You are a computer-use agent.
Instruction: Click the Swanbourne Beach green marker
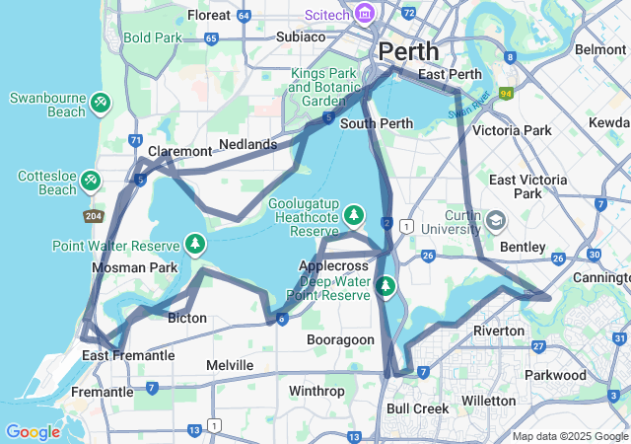[x=100, y=102]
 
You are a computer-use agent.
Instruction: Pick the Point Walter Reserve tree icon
[x=195, y=244]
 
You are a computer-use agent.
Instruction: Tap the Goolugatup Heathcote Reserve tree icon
[x=353, y=215]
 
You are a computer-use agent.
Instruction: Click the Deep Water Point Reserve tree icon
[x=386, y=287]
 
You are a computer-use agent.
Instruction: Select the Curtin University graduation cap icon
[x=495, y=219]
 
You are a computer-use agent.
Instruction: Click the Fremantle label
[x=102, y=392]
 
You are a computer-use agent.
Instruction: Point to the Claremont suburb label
[x=179, y=151]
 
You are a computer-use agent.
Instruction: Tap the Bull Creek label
[x=417, y=407]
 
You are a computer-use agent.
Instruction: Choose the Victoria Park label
[x=512, y=130]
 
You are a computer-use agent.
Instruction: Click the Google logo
[x=33, y=431]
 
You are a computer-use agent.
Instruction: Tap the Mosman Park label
[x=134, y=267]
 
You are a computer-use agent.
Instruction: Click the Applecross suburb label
[x=332, y=265]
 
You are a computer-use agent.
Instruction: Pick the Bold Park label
[x=153, y=38]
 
